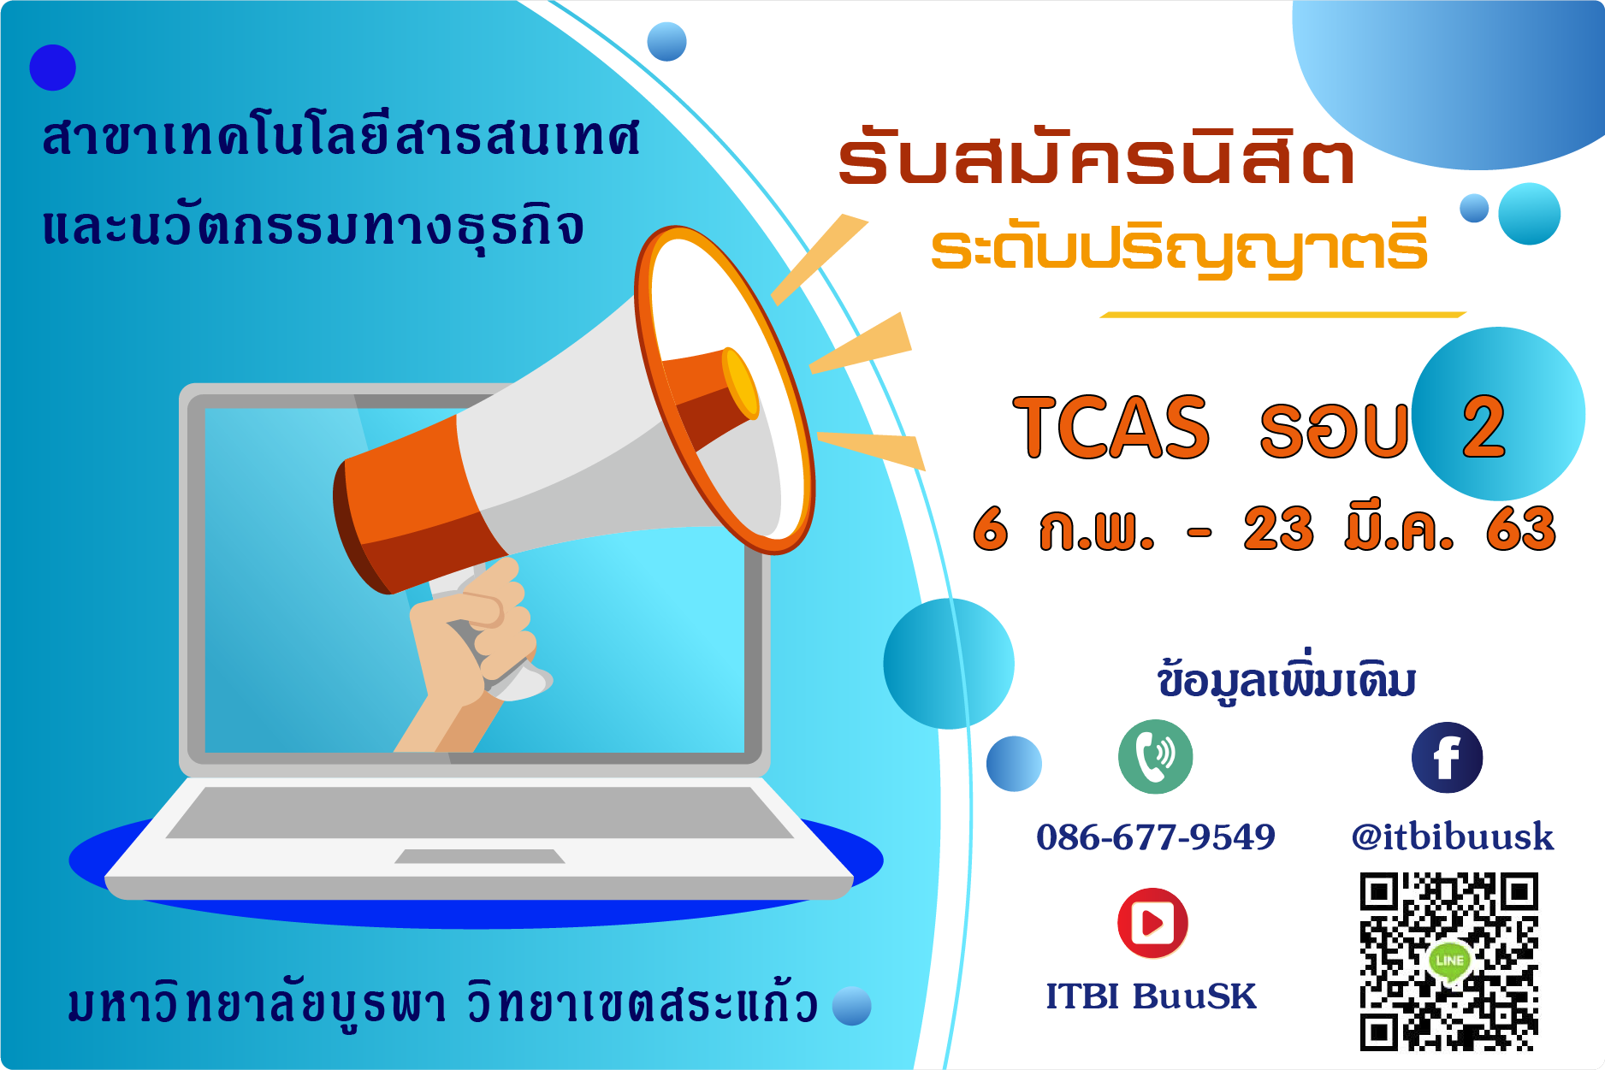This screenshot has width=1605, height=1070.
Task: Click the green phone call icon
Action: coord(1155,757)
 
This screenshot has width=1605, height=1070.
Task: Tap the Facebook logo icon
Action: coord(1447,758)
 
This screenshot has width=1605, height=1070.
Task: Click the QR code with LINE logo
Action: coord(1449,961)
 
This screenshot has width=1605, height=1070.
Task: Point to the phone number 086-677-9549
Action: coord(1156,836)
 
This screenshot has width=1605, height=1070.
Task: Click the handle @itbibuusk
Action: coord(1453,836)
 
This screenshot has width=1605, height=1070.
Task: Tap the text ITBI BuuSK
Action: coord(1152,996)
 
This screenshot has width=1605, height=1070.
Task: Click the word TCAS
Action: coord(1111,427)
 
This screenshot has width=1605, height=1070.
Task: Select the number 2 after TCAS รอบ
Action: coord(1484,427)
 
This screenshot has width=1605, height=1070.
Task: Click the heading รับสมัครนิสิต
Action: coord(1097,157)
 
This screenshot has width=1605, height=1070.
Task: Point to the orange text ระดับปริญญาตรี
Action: coord(1180,248)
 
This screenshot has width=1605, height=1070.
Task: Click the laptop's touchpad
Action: coord(480,856)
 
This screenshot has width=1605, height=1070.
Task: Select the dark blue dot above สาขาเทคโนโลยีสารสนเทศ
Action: coord(53,68)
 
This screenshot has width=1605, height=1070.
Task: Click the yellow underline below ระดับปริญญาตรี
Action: coord(1283,315)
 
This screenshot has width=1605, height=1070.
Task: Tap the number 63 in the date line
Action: coord(1520,529)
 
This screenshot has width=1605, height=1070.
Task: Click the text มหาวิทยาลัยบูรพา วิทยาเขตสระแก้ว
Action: coord(443,1002)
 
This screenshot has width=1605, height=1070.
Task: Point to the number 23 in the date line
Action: coord(1278,529)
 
